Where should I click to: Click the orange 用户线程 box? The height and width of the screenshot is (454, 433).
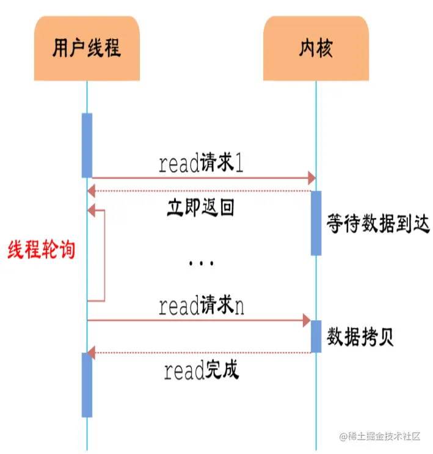[x=86, y=48]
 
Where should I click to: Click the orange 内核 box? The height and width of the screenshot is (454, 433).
[x=316, y=48]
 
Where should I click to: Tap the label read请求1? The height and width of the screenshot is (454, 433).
[x=201, y=164]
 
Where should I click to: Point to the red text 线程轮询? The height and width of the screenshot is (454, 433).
[x=41, y=249]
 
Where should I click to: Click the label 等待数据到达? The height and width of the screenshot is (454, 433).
[x=378, y=224]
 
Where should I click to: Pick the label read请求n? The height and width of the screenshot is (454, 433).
[x=201, y=306]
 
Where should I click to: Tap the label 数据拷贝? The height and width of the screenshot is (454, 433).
[x=360, y=337]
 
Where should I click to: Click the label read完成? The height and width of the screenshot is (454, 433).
[x=201, y=370]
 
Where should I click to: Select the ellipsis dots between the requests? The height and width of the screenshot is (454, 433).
[x=200, y=263]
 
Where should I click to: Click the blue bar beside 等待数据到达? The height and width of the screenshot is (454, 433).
[x=316, y=223]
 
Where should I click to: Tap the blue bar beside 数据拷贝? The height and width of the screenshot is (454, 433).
[x=316, y=336]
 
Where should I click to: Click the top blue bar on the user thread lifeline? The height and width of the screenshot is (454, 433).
[x=87, y=145]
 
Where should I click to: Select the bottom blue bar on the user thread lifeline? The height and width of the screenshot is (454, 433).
[x=87, y=385]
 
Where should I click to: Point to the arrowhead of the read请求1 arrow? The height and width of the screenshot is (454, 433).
[x=311, y=178]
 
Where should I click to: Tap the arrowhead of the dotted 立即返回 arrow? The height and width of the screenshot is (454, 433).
[x=92, y=191]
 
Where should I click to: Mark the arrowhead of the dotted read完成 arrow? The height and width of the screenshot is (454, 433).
[x=92, y=353]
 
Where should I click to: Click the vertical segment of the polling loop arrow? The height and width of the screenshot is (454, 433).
[x=105, y=255]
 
